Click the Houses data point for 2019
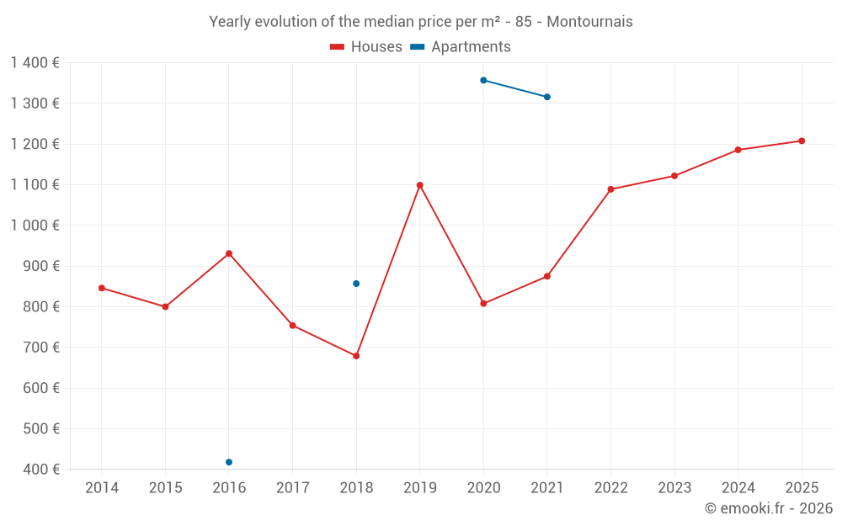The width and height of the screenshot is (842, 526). pyautogui.click(x=420, y=185)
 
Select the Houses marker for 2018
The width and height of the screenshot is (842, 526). pyautogui.click(x=356, y=356)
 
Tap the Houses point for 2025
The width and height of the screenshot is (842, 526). pyautogui.click(x=802, y=141)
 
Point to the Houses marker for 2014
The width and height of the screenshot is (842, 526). pyautogui.click(x=102, y=288)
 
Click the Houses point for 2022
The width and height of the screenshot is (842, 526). pyautogui.click(x=610, y=189)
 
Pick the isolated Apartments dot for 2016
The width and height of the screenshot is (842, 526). pyautogui.click(x=229, y=462)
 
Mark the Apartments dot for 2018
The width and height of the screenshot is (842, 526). pyautogui.click(x=356, y=284)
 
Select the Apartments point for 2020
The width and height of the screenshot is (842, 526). pyautogui.click(x=483, y=80)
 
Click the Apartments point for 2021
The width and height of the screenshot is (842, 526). pyautogui.click(x=547, y=97)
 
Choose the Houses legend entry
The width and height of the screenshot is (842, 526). pyautogui.click(x=366, y=47)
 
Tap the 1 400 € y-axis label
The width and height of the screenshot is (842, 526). pyautogui.click(x=35, y=62)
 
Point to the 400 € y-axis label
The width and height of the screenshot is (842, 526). pyautogui.click(x=40, y=469)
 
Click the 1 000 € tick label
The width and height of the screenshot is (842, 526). pyautogui.click(x=35, y=225)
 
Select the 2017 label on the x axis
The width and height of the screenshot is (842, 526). pyautogui.click(x=292, y=488)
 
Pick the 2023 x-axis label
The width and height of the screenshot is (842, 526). pyautogui.click(x=674, y=488)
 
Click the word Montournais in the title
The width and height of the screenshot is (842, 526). pyautogui.click(x=589, y=22)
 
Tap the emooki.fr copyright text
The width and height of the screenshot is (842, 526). pyautogui.click(x=769, y=508)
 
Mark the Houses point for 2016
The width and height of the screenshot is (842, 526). pyautogui.click(x=229, y=253)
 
